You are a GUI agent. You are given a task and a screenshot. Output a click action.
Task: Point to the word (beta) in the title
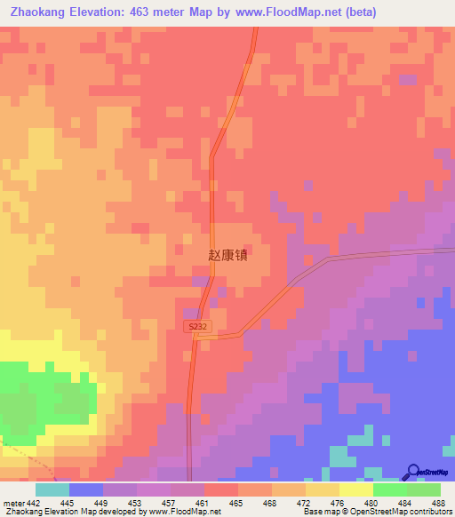(359, 12)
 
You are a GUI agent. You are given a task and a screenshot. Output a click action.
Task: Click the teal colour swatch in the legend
(52, 489)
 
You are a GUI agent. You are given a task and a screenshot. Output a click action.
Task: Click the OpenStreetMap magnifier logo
(413, 471)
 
